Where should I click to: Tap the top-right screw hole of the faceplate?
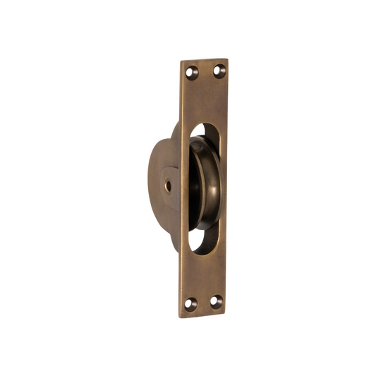[218, 70]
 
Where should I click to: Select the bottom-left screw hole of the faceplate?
[189, 304]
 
